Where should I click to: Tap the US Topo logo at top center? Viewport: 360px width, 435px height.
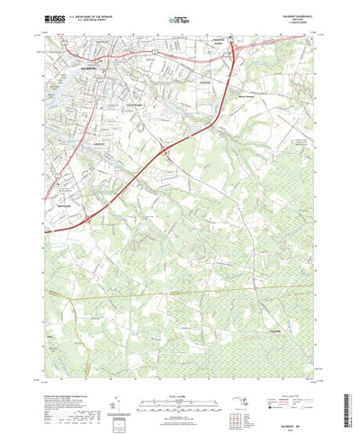click(179, 18)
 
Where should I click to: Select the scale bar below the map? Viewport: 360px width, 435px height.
click(179, 388)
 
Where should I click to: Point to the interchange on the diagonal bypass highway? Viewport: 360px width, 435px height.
click(164, 154)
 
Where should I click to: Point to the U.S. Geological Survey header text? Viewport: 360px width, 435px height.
click(99, 19)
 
